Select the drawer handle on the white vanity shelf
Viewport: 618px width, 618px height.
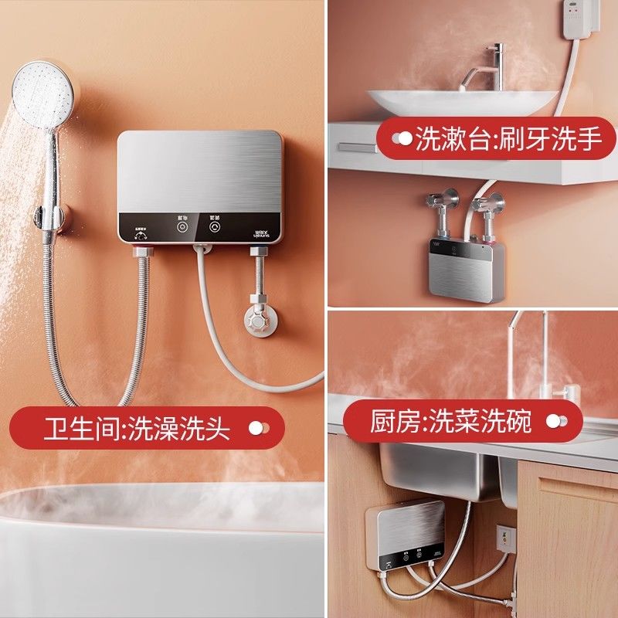point(358,146)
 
